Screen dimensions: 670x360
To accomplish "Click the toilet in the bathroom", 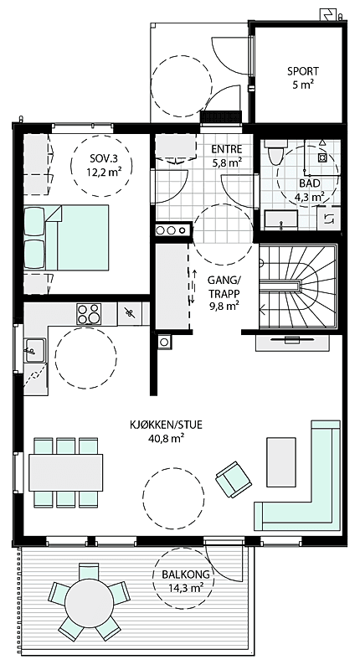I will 274,156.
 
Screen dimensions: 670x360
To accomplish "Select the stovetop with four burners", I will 88,314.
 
